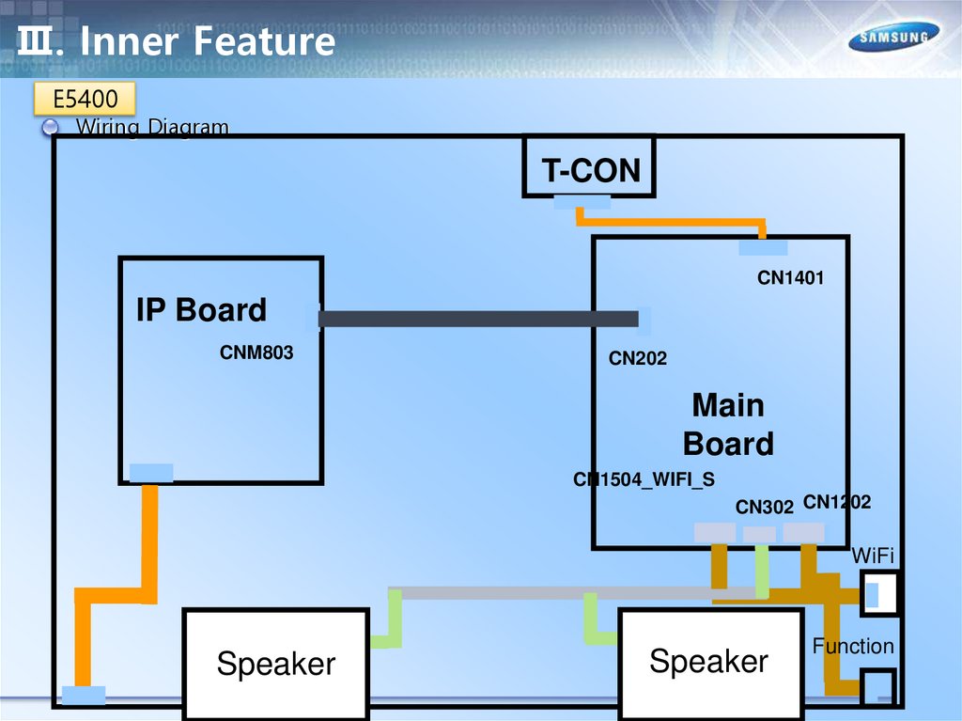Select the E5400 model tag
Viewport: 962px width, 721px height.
pyautogui.click(x=85, y=98)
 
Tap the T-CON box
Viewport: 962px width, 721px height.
pyautogui.click(x=589, y=167)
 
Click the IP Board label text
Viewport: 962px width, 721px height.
pyautogui.click(x=201, y=310)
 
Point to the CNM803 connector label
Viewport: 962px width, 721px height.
pyautogui.click(x=256, y=353)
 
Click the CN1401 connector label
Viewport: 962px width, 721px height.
pyautogui.click(x=790, y=277)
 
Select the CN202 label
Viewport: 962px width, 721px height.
pyautogui.click(x=637, y=358)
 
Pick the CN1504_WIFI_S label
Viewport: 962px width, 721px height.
pyautogui.click(x=644, y=480)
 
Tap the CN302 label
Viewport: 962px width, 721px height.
pyautogui.click(x=765, y=508)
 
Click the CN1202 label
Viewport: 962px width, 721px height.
pyautogui.click(x=837, y=503)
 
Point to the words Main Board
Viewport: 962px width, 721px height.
pyautogui.click(x=728, y=425)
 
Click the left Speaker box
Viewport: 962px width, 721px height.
pyautogui.click(x=275, y=664)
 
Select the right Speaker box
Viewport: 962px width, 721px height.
pyautogui.click(x=709, y=662)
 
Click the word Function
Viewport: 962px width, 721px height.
pyautogui.click(x=853, y=647)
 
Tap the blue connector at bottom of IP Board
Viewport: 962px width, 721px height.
pyautogui.click(x=150, y=472)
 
